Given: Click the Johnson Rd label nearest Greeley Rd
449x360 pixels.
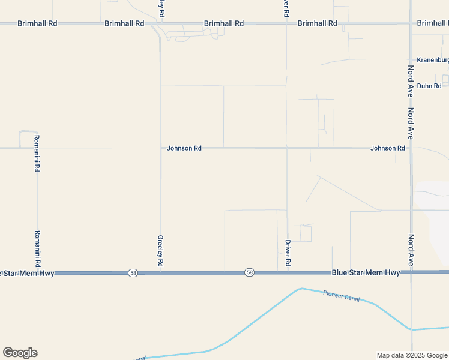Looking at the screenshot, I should tap(184, 148).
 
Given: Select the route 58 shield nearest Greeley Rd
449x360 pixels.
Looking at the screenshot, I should tap(133, 273).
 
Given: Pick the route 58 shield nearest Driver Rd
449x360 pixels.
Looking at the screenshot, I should tap(249, 273).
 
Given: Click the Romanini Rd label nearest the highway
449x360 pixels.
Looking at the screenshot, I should tap(37, 248).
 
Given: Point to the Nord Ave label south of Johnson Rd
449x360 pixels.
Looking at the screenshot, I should tap(411, 250).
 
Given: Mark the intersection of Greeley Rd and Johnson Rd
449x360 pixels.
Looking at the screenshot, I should tap(160, 148).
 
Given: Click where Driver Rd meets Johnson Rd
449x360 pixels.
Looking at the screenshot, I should tap(287, 148).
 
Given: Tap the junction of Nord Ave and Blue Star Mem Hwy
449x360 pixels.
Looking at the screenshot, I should tap(411, 272).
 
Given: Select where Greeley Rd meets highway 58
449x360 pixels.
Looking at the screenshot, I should tap(160, 273).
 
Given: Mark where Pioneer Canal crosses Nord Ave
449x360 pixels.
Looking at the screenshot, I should tap(411, 329).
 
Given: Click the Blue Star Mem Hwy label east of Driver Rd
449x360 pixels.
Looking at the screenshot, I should tap(366, 273).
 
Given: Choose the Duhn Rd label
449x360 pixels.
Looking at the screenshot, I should tap(429, 86).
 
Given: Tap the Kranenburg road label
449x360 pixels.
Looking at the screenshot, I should tap(433, 61).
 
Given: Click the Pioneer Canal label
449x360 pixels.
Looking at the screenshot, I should tap(341, 295).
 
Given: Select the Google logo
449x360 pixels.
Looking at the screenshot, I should tap(20, 352).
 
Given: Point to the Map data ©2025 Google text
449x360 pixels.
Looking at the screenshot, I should tap(412, 355).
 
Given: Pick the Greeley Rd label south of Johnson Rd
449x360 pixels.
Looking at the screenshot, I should tap(160, 251).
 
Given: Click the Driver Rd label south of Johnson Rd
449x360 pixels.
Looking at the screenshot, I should tap(288, 253).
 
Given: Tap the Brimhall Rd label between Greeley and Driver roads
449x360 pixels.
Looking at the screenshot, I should tap(223, 23).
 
